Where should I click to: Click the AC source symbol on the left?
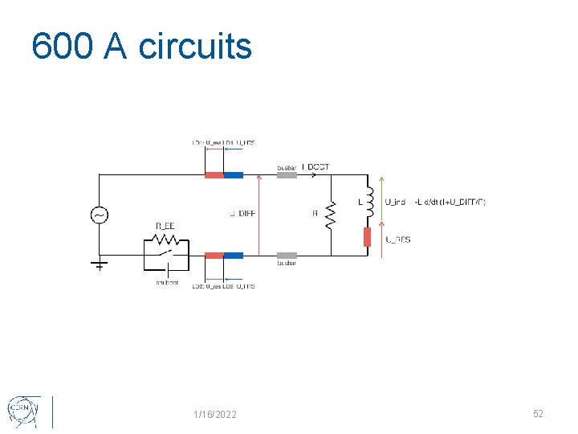[100, 215]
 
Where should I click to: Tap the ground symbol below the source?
[100, 264]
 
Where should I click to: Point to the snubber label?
[167, 282]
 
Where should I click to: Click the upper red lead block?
[214, 174]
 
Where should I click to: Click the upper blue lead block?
[234, 174]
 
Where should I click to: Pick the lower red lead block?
[214, 256]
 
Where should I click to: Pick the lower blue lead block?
[234, 256]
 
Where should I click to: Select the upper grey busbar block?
[287, 174]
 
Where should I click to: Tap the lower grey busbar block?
[287, 256]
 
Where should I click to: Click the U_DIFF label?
[242, 214]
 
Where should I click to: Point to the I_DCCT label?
[315, 167]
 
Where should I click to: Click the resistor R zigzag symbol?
[328, 215]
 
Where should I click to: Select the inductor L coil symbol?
[369, 202]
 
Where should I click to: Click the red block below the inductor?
[368, 237]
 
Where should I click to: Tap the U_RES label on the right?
[398, 240]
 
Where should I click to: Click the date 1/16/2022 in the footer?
[215, 414]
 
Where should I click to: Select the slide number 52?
[538, 413]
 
